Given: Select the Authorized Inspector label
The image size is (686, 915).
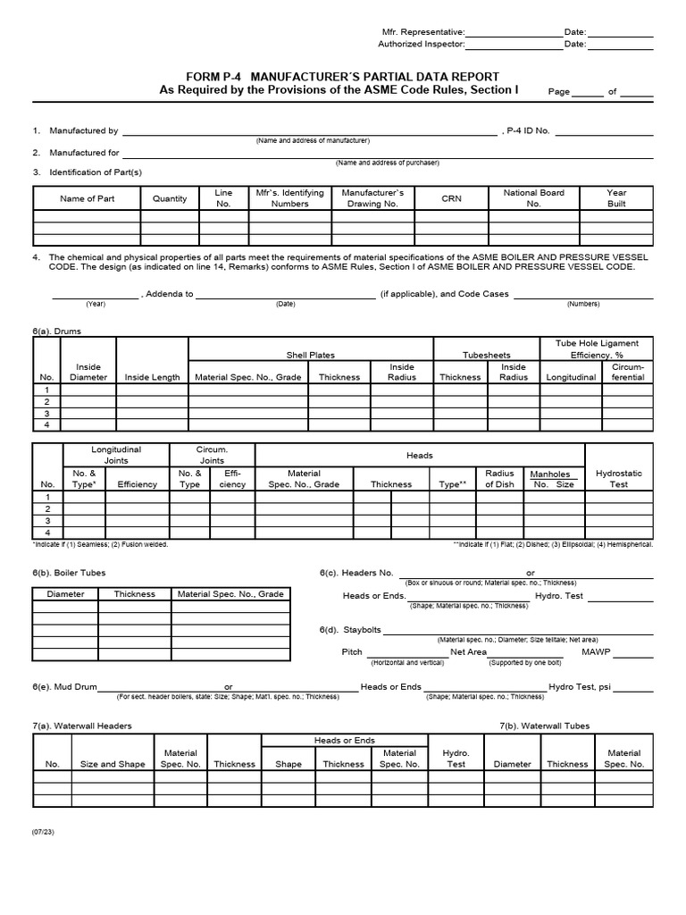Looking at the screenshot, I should tap(421, 44).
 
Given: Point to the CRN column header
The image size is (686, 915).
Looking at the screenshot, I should tap(451, 198).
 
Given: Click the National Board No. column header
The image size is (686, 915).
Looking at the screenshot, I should tap(533, 197).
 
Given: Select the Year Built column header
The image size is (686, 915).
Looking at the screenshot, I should tap(616, 197).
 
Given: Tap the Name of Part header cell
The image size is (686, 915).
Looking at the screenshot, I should tap(87, 198).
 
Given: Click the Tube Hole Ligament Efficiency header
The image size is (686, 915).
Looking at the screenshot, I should tap(598, 348).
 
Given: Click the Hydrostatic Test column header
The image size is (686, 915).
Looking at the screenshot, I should tap(618, 478).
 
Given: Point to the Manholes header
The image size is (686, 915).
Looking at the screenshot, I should tap(550, 474).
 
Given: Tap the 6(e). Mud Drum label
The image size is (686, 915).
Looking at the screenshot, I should tap(63, 687).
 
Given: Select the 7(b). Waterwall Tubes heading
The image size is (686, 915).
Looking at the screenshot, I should tap(544, 726).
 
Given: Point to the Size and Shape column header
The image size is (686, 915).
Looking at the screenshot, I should tap(113, 764).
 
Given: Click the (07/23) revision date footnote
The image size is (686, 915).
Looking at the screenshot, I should tap(44, 831).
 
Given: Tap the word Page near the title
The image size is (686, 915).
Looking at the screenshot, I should tap(558, 91).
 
